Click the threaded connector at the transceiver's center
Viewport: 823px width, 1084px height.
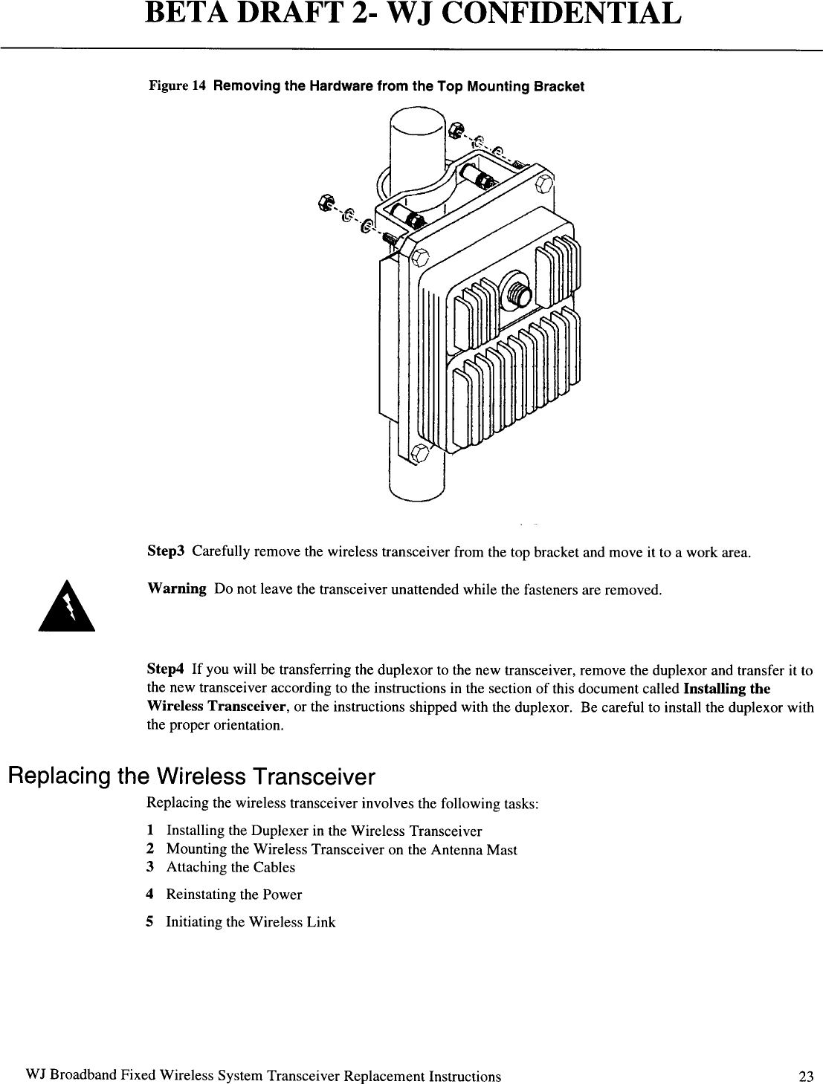click(515, 291)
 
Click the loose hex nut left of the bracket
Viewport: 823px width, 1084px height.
click(325, 201)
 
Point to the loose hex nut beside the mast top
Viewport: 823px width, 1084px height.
click(456, 128)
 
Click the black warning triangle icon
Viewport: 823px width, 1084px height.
click(68, 607)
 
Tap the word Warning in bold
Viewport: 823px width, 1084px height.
click(177, 589)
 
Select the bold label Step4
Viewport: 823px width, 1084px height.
click(166, 671)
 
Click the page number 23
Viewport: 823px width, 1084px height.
click(806, 1077)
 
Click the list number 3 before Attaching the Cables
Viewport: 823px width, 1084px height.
click(150, 867)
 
